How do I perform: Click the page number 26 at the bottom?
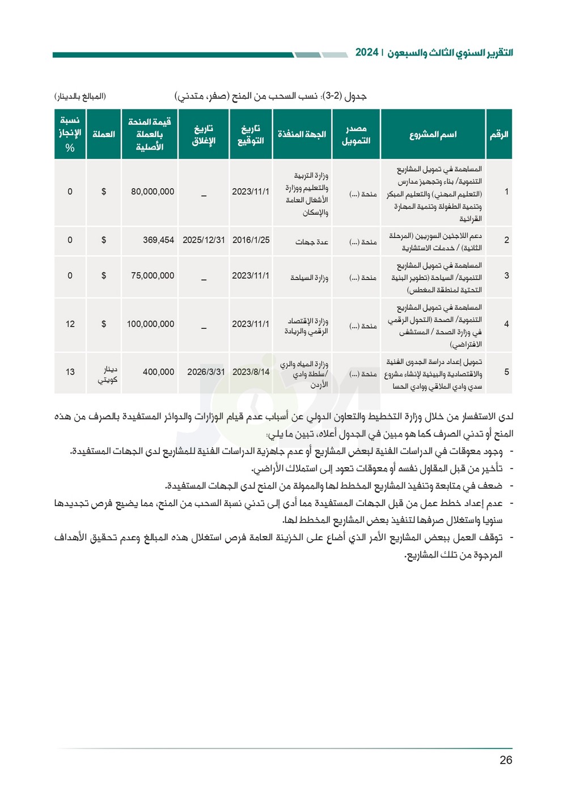pos(506,760)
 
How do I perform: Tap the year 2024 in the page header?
pos(366,53)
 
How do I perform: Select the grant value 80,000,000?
pos(153,192)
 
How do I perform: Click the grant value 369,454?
pos(158,240)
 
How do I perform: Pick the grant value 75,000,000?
pos(153,276)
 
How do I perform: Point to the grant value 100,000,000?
pos(150,324)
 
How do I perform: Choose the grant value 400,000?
pos(158,372)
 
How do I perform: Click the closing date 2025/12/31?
pos(204,240)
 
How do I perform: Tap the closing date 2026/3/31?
pos(206,372)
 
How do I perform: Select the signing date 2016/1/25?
pos(251,240)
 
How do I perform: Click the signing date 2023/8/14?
pos(251,372)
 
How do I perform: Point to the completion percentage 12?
pos(70,324)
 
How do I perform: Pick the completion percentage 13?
pos(70,372)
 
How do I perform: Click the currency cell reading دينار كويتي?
pos(108,375)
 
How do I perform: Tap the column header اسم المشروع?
pos(433,134)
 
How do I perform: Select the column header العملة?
pos(103,134)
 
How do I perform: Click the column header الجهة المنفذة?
pos(302,134)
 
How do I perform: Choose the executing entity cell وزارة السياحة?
pos(309,278)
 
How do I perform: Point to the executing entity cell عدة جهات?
pos(312,242)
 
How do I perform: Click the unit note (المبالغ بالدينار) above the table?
pos(80,96)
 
